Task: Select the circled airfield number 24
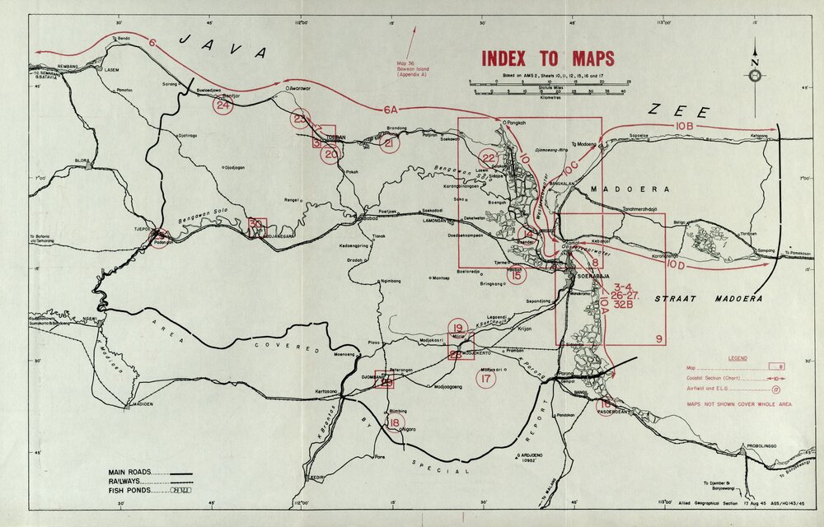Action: pos(222,105)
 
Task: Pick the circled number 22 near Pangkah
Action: pos(489,159)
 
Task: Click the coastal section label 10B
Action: pos(685,125)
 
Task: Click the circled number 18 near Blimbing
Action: pos(396,423)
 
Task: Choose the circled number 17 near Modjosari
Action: pos(486,379)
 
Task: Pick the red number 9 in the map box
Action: pos(658,339)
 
